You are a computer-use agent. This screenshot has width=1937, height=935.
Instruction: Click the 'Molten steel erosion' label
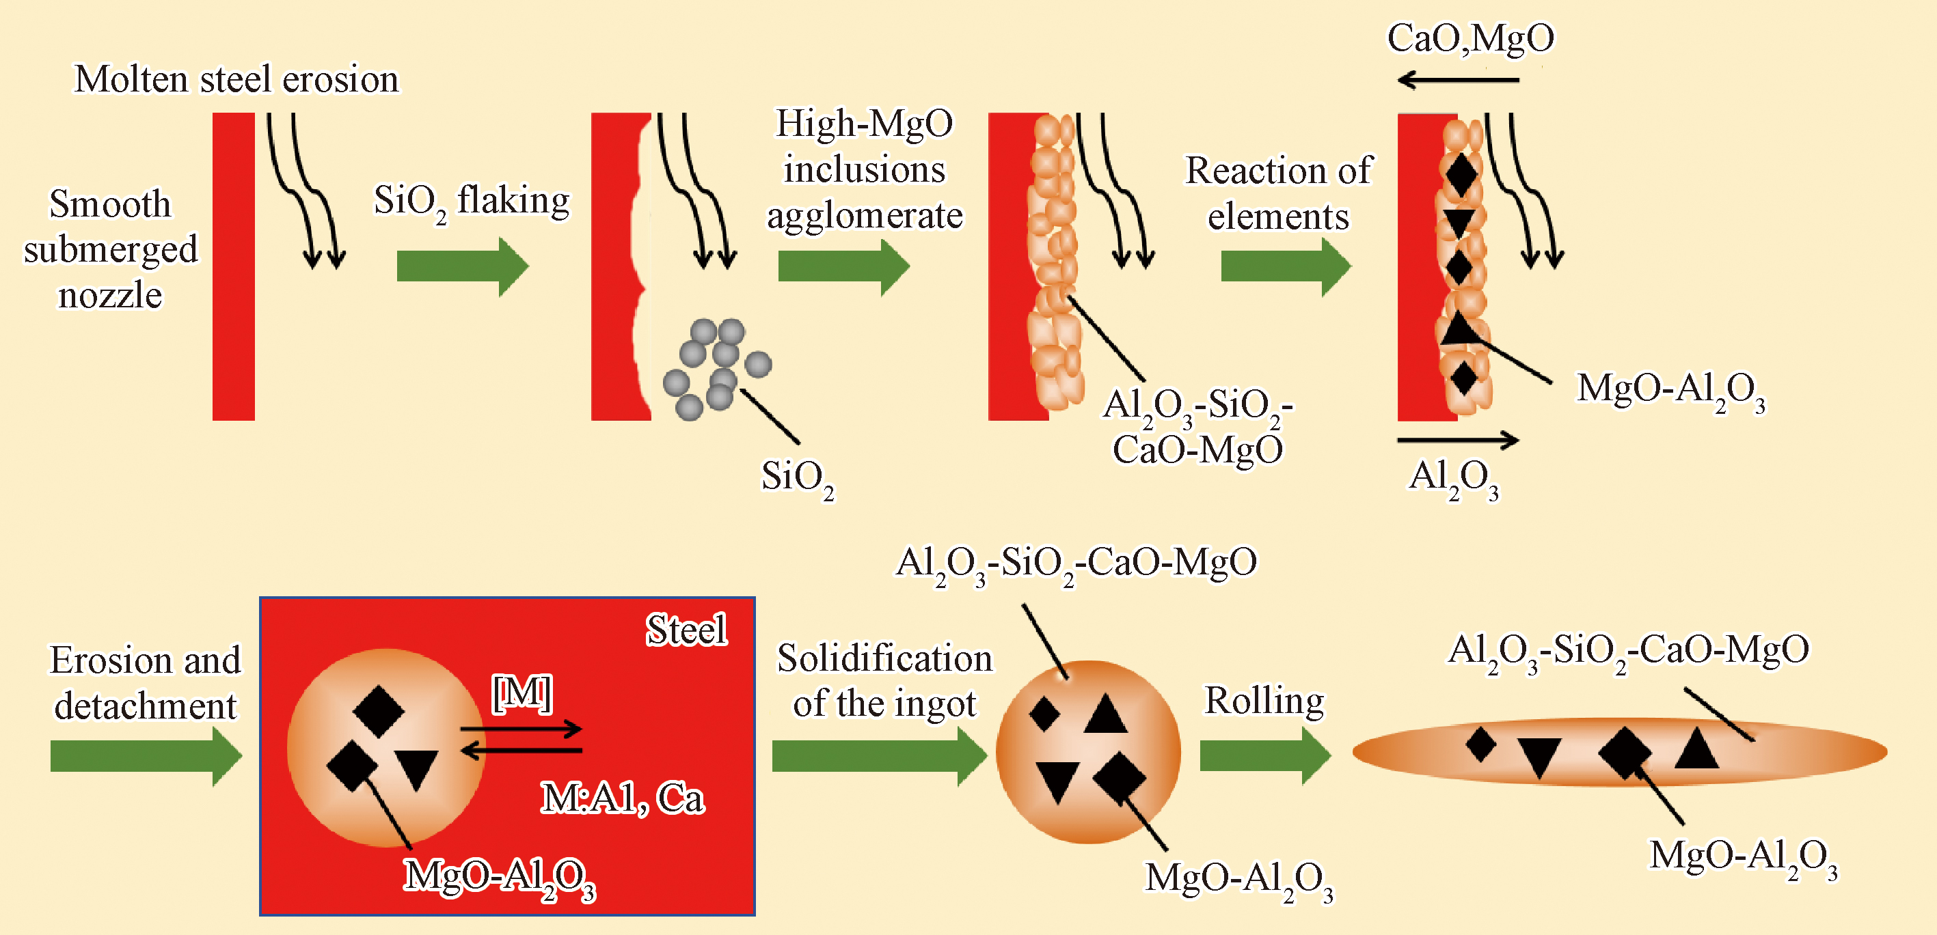pyautogui.click(x=236, y=79)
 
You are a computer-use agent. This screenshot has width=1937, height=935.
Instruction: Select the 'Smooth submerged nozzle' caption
pyautogui.click(x=111, y=249)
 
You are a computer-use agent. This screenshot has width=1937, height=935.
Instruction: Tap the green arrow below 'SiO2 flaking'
pyautogui.click(x=461, y=266)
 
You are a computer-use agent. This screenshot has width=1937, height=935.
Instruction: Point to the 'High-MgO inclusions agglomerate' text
pyautogui.click(x=864, y=169)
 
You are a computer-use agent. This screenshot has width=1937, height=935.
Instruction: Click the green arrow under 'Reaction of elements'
pyautogui.click(x=1285, y=266)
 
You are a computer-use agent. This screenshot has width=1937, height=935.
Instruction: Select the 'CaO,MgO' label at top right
pyautogui.click(x=1470, y=38)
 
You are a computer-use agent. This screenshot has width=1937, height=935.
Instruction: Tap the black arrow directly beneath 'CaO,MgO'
pyautogui.click(x=1458, y=80)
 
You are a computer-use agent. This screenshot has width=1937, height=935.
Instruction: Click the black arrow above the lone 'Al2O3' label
pyautogui.click(x=1458, y=441)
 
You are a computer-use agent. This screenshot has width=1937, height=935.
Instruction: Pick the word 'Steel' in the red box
pyautogui.click(x=686, y=630)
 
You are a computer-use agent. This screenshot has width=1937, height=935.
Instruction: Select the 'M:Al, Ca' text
pyautogui.click(x=623, y=798)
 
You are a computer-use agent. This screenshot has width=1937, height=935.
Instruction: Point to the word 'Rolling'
pyautogui.click(x=1264, y=701)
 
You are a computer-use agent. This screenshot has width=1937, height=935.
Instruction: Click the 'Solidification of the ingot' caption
pyautogui.click(x=884, y=681)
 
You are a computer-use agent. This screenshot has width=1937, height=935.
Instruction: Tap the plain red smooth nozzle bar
pyautogui.click(x=233, y=266)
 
